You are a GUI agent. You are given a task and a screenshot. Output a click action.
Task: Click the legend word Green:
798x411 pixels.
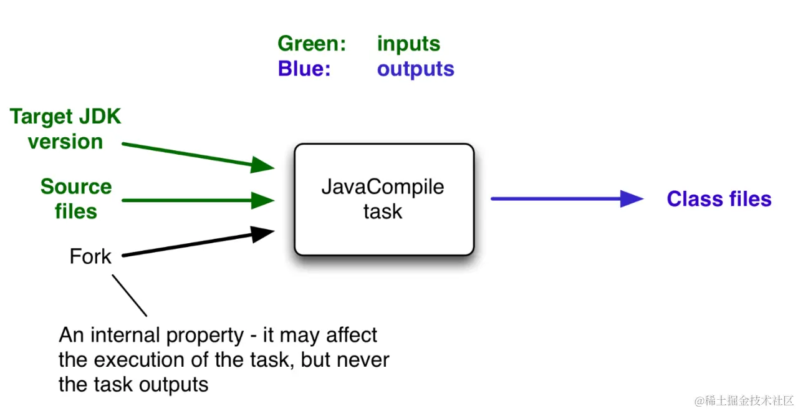(312, 44)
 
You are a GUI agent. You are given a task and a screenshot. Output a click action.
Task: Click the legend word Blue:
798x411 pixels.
(304, 69)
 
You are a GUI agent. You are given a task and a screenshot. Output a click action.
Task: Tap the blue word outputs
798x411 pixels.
(416, 69)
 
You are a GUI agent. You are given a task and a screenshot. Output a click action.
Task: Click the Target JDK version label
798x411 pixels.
(65, 128)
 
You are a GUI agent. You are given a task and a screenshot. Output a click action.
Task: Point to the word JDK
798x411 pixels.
(100, 117)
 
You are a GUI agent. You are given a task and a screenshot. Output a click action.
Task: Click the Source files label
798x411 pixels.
(76, 198)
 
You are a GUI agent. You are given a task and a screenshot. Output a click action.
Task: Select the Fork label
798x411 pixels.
(90, 256)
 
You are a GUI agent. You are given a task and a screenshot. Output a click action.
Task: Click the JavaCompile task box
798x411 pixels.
(384, 200)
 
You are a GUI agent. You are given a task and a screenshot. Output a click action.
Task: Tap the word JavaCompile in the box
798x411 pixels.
(383, 187)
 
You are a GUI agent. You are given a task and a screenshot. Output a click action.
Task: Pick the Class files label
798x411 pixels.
(719, 198)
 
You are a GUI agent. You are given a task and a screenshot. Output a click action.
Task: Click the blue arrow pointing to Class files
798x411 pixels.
(567, 198)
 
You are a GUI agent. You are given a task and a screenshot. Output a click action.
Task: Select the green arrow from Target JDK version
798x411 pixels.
(198, 156)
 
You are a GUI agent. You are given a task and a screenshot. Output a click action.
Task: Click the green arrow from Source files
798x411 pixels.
(198, 200)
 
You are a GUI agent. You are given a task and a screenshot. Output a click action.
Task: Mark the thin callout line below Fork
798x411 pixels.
(129, 295)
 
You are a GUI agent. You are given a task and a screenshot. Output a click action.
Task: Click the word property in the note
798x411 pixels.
(205, 336)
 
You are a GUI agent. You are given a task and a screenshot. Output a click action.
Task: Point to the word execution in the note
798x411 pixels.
(139, 360)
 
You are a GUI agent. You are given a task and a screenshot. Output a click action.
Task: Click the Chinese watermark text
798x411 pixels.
(744, 400)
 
